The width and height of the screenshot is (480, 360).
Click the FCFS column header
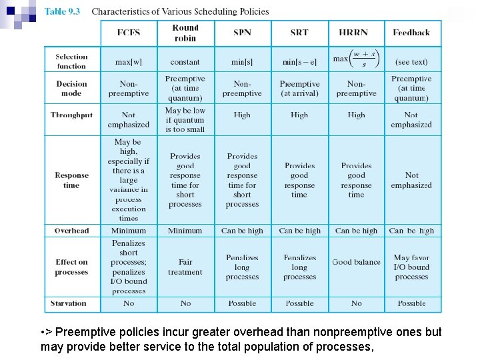129,33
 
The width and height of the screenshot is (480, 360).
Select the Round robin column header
185,33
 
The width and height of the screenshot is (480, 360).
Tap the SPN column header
242,33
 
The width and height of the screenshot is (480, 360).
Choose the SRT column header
299,33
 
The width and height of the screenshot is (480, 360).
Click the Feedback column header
411,33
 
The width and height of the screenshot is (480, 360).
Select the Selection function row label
71,61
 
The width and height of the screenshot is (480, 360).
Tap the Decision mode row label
71,89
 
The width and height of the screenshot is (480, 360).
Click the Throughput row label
71,115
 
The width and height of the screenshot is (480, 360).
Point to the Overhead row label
71,231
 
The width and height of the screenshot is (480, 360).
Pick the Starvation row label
69,303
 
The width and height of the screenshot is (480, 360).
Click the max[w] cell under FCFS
129,62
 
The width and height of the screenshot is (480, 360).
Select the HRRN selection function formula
357,59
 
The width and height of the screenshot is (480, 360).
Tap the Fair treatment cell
185,267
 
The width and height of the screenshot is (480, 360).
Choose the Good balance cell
357,262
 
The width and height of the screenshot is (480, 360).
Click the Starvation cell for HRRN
357,303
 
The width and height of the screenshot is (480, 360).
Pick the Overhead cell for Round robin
185,231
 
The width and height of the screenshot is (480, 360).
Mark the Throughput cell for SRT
299,115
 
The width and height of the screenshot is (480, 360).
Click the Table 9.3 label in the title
62,11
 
